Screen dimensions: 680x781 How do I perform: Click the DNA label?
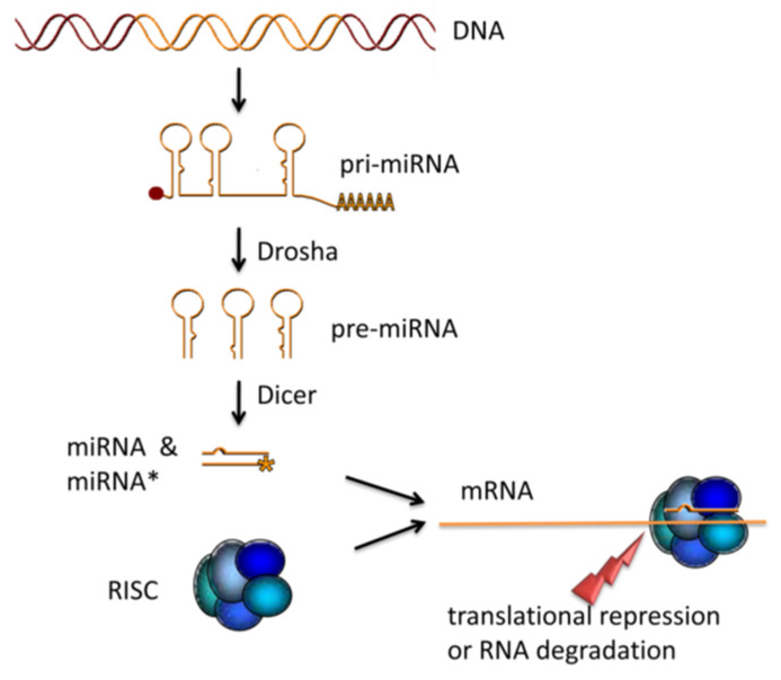(x=478, y=30)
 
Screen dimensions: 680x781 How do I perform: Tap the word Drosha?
(x=297, y=251)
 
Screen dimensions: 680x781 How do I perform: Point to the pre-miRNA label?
(x=394, y=328)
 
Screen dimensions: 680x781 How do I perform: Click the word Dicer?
(x=286, y=395)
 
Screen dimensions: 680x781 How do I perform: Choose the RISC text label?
(x=133, y=591)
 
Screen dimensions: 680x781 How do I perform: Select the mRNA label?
(x=496, y=491)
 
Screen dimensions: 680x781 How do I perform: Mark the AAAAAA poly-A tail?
(x=365, y=201)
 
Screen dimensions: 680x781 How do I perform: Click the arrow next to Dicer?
(x=239, y=402)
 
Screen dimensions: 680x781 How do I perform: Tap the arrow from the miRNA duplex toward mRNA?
(x=385, y=489)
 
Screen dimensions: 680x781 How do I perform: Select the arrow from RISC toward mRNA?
(x=389, y=535)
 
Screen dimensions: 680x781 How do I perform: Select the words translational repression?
(x=584, y=616)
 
